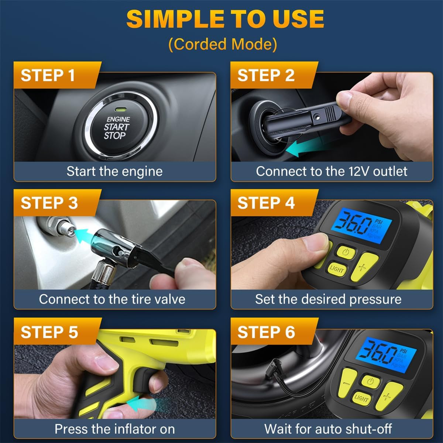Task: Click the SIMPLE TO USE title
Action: (225, 19)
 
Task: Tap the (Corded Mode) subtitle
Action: (223, 44)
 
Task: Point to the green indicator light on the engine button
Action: (120, 110)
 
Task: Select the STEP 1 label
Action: (48, 75)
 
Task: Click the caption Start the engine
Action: (114, 171)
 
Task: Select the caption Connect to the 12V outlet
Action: (332, 171)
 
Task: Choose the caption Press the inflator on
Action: (114, 429)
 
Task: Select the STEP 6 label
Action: (266, 332)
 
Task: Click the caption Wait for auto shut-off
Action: (328, 429)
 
